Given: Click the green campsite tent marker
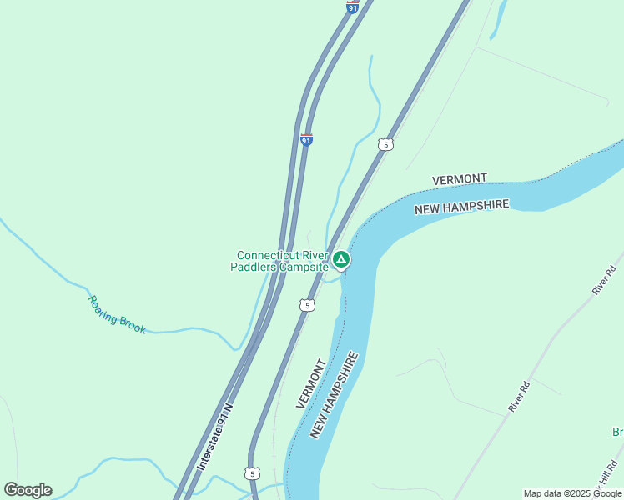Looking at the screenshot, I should pos(341,259).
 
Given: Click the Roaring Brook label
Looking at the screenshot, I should pos(117,314).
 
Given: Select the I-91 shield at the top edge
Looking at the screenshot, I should pos(353,7).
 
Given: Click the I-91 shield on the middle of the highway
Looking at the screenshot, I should pos(307,140).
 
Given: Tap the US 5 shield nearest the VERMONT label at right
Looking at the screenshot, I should pos(385,144).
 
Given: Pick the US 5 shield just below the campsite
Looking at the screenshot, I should pos(308,306).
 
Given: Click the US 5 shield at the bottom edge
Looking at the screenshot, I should pos(252,473).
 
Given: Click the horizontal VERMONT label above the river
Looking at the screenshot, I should pos(460,179).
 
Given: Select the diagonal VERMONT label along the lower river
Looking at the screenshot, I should pos(309,383).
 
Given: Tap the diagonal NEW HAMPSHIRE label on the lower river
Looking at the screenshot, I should pos(334,395).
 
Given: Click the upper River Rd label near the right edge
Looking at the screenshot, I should pos(603,280).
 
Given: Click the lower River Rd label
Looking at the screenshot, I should pos(519,397).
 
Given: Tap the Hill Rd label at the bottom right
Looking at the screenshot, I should pos(608,476).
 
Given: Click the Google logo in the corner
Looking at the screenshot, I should pos(28,490).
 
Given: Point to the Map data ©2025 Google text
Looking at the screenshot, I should pos(572,493).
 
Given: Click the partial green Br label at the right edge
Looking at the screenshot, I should pos(617,432).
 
